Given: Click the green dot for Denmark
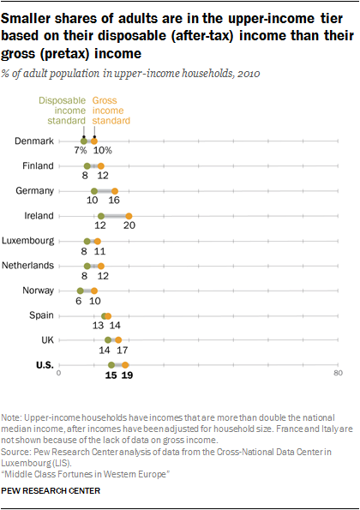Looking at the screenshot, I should tap(83, 141).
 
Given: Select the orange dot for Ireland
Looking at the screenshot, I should tap(129, 215).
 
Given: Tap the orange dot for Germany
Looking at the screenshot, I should tap(115, 190).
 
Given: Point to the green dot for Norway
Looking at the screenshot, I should tap(80, 291).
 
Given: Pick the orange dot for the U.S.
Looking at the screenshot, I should tap(125, 365).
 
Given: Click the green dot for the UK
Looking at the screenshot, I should tap(108, 340).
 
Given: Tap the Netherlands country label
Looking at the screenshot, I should tap(29, 266).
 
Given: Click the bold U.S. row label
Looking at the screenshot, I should tap(44, 365).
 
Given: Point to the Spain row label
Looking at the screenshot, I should tap(41, 315).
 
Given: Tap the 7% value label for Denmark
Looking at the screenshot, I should tap(80, 151).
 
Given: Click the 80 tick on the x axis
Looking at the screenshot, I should tap(338, 374).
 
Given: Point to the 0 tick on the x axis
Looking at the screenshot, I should tap(59, 374).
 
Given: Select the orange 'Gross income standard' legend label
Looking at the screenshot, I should tap(111, 111).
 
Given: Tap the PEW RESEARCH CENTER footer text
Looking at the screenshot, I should tap(51, 491).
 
